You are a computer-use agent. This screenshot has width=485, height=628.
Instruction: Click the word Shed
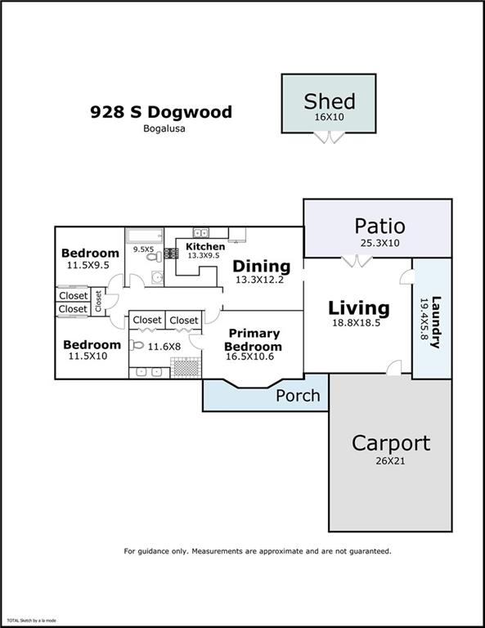coord(330,101)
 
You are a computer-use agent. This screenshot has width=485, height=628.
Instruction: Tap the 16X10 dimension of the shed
coord(329,118)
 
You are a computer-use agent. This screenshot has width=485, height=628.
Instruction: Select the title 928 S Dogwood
coord(161,112)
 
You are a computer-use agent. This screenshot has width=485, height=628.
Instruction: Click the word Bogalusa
coord(164,128)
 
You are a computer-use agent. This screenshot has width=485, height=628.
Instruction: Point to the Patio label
coord(379,226)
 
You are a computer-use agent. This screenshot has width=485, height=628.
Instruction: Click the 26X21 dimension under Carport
coord(390,461)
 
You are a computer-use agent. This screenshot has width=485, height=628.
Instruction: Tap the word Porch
coord(298,396)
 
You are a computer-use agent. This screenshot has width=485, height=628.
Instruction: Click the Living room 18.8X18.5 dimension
coord(356,323)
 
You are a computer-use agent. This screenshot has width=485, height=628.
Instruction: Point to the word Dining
coord(262,267)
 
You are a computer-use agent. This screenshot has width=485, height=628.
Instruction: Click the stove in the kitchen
coord(172,253)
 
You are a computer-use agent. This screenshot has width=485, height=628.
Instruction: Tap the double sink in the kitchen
coord(200,232)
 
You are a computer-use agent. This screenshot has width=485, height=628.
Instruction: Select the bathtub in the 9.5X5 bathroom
coord(145,235)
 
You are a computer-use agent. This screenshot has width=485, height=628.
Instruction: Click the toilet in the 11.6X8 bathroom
coord(137,345)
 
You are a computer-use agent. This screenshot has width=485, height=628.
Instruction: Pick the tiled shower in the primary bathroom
coord(186,367)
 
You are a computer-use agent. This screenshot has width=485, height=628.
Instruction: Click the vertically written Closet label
coord(98,301)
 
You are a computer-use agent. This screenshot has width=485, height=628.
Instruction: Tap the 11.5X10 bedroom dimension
coord(88,356)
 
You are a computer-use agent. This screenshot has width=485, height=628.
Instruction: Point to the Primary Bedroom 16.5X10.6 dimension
coord(250,357)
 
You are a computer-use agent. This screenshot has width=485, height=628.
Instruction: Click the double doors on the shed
coord(329,137)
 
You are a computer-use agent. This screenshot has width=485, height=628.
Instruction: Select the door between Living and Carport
coord(394,368)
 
